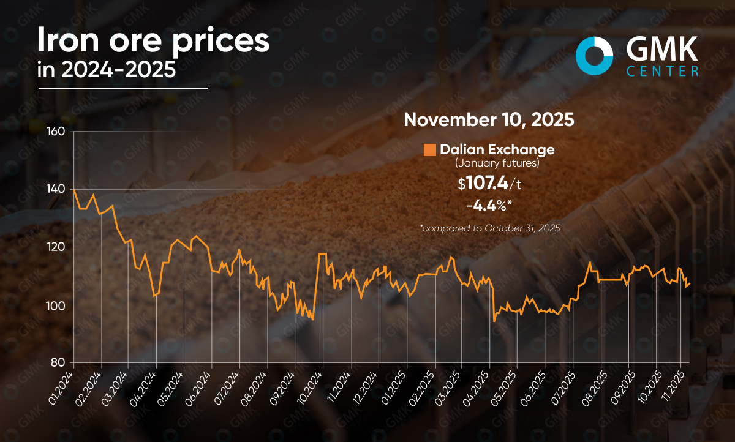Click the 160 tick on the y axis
coord(56,132)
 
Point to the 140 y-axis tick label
coord(56,189)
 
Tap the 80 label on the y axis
coord(58,362)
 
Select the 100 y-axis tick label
coord(56,306)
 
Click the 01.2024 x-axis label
coord(61,389)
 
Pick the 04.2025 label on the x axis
coord(477,389)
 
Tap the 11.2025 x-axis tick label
coord(673,388)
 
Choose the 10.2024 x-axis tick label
coord(309,389)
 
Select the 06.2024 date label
coord(197,389)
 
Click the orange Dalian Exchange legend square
coord(430,150)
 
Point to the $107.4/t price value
coord(489,183)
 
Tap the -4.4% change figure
coord(489,206)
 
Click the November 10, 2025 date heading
coord(489,119)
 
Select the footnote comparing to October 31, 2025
coord(490,228)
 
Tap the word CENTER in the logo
coord(662,71)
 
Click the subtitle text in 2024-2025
coord(107,70)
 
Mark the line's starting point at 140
coord(74,190)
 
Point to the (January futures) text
coord(497,163)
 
